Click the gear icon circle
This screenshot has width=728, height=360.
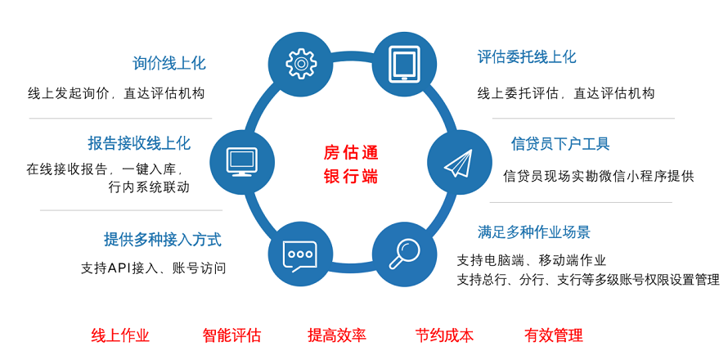301,64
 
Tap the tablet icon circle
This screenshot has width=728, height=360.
404,64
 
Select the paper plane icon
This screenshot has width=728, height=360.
458,163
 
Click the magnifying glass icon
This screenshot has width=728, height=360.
404,254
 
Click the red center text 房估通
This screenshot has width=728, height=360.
351,152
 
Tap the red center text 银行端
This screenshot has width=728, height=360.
351,177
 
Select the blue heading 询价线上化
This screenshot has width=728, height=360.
169,63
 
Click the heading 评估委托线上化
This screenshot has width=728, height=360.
527,57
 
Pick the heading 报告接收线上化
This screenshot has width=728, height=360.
139,143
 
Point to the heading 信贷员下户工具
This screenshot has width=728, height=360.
560,143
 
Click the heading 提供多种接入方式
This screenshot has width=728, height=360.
163,240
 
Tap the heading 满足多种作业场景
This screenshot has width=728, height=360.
534,232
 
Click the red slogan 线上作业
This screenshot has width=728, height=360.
120,335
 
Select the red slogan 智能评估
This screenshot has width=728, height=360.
231,335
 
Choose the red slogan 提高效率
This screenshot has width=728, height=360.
337,335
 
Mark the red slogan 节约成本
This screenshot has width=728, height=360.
444,335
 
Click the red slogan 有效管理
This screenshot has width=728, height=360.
553,335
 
